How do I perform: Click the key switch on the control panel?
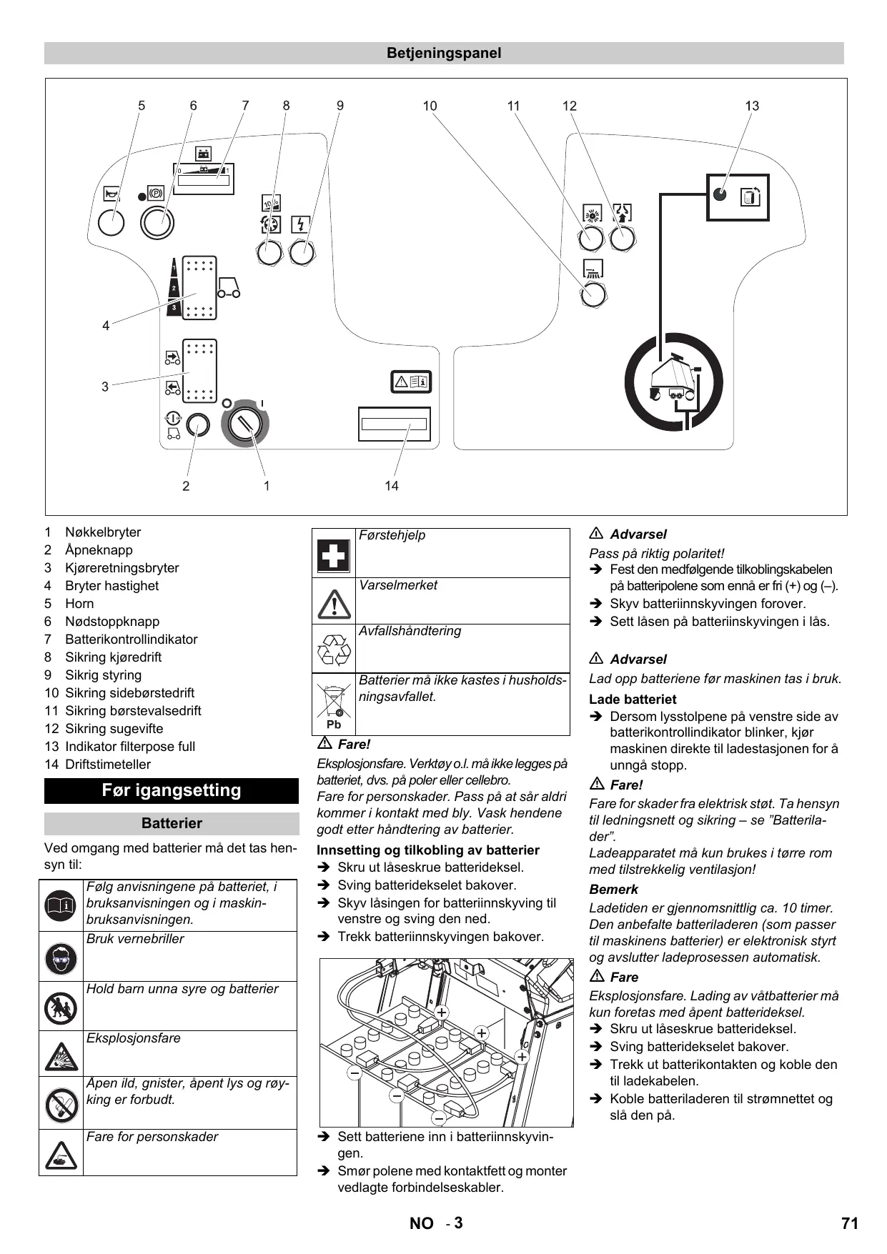(245, 424)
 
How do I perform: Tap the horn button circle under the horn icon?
(111, 223)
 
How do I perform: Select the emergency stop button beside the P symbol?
(157, 223)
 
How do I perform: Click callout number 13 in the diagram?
(752, 106)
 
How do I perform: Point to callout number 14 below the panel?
(391, 486)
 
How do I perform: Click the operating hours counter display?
(394, 424)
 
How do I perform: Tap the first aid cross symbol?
(333, 554)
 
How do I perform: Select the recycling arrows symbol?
(333, 650)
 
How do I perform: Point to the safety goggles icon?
(61, 957)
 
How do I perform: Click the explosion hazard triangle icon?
(61, 1055)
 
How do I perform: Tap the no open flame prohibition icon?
(61, 1105)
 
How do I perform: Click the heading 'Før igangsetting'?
(172, 790)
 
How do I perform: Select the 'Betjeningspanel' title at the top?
(444, 53)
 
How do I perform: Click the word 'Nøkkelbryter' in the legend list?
(103, 532)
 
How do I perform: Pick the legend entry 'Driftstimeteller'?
(108, 765)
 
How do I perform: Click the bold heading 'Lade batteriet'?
(633, 700)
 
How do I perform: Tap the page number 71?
(849, 1223)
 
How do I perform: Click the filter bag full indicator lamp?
(720, 194)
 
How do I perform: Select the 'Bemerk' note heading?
(613, 890)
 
